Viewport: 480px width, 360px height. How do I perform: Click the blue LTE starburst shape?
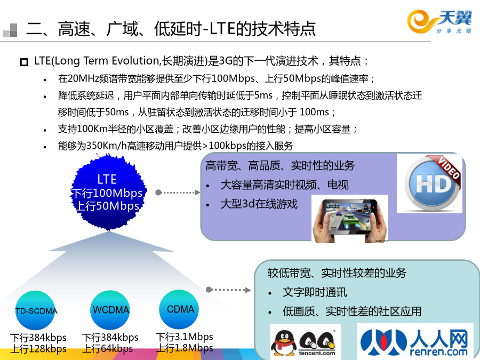point(109,192)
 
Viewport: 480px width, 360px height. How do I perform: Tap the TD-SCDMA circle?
point(35,310)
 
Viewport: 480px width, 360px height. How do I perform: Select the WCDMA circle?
point(110,310)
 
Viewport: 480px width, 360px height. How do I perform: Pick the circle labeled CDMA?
point(179,309)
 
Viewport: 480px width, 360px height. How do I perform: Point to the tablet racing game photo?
point(350,219)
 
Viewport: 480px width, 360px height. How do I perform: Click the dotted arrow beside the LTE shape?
point(178,192)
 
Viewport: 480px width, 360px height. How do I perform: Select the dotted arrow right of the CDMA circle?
point(228,290)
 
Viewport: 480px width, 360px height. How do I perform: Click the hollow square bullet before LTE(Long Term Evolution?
point(24,62)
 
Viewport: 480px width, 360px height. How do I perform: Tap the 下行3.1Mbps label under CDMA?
point(185,337)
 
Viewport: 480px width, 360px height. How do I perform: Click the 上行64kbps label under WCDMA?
point(107,348)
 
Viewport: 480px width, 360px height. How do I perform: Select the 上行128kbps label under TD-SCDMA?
point(38,349)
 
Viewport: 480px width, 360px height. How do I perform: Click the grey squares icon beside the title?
point(10,30)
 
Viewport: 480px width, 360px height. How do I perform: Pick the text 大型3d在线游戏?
point(259,204)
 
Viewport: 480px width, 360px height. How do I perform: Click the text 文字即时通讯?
point(315,292)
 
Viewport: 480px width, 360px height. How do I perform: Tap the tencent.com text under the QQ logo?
point(317,353)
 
